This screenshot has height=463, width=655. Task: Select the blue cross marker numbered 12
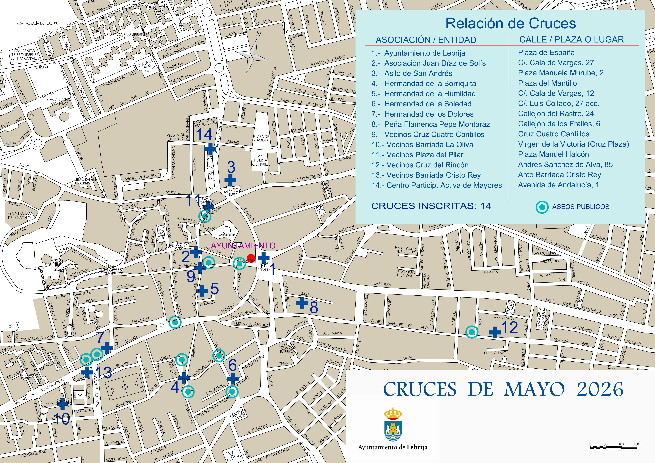coord(494,332)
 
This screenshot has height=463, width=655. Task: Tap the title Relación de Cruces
coord(511,23)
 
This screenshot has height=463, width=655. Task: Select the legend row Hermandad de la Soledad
coord(428,104)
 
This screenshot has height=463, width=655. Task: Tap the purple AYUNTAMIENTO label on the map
coord(243,245)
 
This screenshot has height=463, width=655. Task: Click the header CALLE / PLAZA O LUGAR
coord(571,40)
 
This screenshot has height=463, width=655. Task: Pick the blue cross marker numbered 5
coord(202,290)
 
